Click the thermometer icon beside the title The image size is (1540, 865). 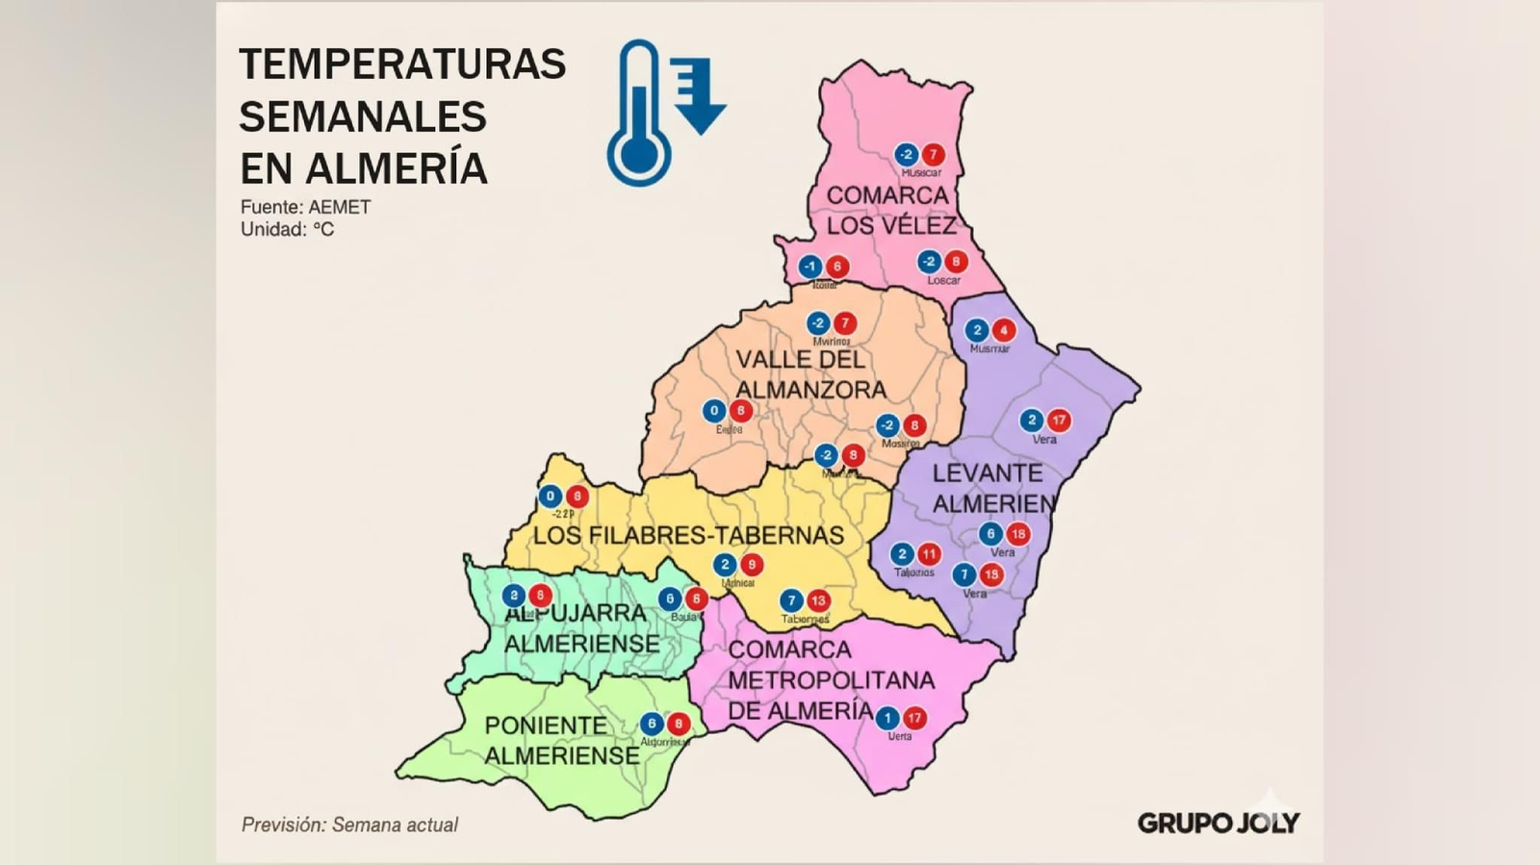click(x=638, y=114)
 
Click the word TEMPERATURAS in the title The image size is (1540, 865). click(x=402, y=64)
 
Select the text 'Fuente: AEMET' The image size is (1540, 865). click(x=305, y=207)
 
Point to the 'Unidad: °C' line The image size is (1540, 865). click(x=287, y=229)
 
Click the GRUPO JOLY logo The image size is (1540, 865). click(x=1218, y=822)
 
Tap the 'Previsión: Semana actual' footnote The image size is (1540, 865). click(x=349, y=825)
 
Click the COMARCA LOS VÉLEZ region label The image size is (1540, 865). click(x=890, y=210)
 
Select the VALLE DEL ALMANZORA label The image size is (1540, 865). click(x=809, y=374)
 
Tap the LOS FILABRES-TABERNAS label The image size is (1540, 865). click(x=688, y=535)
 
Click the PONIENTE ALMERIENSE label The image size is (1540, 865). click(x=560, y=740)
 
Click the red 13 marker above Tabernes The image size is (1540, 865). click(x=818, y=601)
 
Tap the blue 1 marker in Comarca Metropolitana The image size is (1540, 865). click(x=887, y=718)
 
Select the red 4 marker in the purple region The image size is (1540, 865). click(x=1004, y=330)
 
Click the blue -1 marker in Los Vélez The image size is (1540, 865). click(x=810, y=267)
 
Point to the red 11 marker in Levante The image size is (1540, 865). click(x=929, y=554)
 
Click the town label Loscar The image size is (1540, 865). click(x=943, y=280)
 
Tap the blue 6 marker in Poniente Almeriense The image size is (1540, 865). click(x=652, y=724)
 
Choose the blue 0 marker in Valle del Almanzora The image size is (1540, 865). click(x=713, y=411)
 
